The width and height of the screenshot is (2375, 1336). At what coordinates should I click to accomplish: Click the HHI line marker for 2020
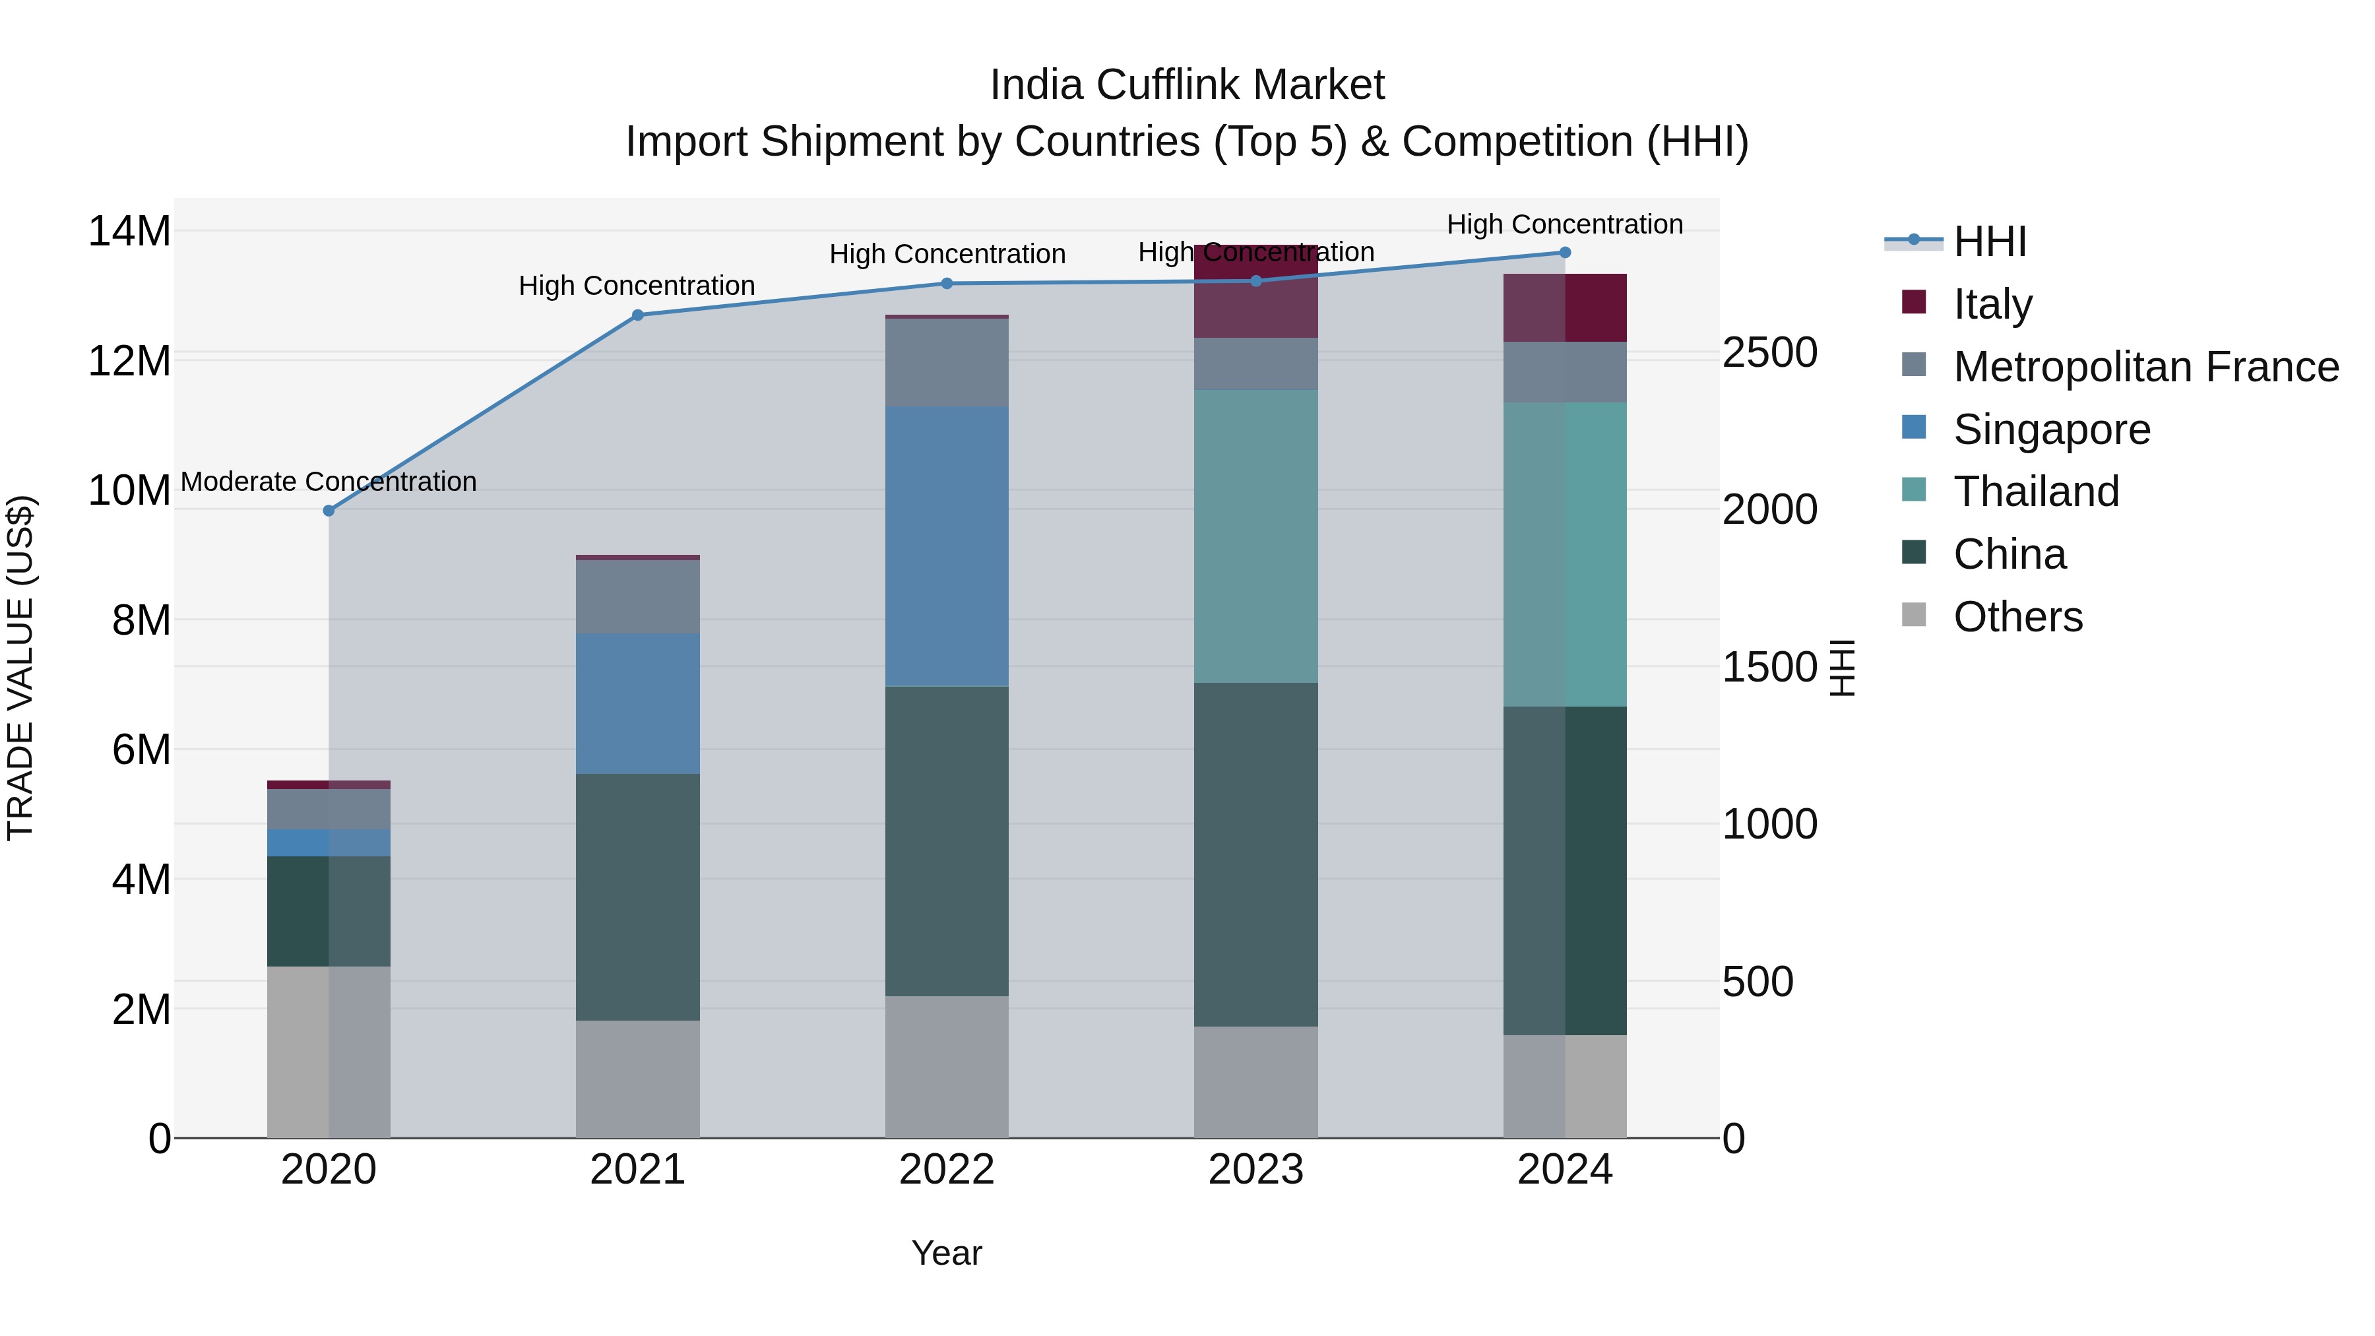tap(329, 510)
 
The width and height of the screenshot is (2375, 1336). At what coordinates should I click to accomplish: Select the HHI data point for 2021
tap(637, 315)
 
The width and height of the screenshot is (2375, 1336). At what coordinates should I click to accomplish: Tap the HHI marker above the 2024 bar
tap(1565, 252)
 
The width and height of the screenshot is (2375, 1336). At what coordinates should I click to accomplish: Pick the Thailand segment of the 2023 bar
tap(1255, 536)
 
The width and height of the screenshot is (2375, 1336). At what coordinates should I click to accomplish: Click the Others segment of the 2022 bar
tap(947, 1066)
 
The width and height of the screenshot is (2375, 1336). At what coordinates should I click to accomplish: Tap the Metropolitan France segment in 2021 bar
tap(637, 596)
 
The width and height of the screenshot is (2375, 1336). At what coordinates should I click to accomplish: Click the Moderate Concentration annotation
tap(329, 482)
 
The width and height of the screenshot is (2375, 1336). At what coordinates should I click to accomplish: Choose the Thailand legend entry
tap(2036, 492)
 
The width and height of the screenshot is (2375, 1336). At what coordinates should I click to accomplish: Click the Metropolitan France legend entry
tap(2145, 367)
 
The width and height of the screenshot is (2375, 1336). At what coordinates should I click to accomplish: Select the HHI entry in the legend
tap(1990, 241)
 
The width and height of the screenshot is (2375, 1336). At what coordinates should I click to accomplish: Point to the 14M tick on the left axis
tap(129, 230)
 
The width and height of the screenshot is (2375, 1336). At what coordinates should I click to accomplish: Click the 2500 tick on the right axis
tap(1769, 352)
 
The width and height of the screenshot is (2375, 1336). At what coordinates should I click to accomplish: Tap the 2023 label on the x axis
tap(1255, 1170)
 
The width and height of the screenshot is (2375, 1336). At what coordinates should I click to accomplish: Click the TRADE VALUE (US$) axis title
tap(20, 668)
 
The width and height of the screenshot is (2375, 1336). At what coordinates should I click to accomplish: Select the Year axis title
tap(947, 1253)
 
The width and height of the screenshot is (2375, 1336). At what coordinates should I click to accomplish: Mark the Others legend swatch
tap(1913, 615)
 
